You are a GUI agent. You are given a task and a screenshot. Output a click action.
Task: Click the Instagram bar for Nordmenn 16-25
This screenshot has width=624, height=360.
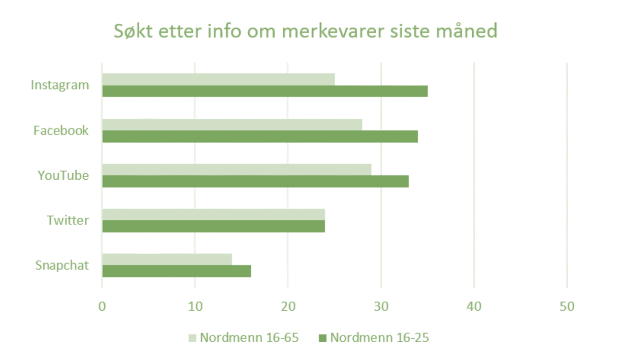tap(265, 91)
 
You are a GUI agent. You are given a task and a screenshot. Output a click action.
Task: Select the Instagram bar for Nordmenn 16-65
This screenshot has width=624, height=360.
tap(218, 79)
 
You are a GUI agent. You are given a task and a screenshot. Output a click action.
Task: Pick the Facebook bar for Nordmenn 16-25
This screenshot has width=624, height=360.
tap(260, 137)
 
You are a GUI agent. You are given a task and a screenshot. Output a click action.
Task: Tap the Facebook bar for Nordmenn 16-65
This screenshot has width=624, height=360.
tap(232, 124)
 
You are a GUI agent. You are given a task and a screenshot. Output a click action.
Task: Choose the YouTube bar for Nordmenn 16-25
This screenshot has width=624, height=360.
tap(255, 181)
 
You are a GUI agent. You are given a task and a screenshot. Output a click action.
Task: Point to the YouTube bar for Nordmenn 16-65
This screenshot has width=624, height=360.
tap(237, 170)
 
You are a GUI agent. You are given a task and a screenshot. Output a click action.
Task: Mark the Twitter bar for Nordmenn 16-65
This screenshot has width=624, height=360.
tap(213, 214)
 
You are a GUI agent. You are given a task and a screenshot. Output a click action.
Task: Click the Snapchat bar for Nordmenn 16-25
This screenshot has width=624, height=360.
tap(177, 271)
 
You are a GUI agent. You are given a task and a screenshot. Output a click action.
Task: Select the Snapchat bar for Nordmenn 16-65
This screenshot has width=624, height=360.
tap(167, 259)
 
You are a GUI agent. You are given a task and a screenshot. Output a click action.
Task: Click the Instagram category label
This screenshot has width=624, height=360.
tap(60, 85)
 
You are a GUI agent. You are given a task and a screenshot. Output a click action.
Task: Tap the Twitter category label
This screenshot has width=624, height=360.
tap(68, 220)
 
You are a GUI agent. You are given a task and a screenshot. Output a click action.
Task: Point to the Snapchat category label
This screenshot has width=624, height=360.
tap(62, 265)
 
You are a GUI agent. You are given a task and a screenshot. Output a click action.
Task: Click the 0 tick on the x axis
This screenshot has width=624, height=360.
tap(102, 307)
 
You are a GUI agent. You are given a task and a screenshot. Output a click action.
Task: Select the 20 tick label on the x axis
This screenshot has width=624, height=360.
tap(288, 307)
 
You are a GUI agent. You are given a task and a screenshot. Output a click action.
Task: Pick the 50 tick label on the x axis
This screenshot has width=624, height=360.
tap(567, 307)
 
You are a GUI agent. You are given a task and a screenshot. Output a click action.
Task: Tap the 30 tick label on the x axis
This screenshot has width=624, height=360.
tap(381, 307)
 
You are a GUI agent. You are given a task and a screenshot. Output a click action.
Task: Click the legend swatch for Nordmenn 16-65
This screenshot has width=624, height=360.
tap(192, 338)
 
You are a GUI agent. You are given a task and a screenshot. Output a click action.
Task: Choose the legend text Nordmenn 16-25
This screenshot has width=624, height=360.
tap(379, 338)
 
